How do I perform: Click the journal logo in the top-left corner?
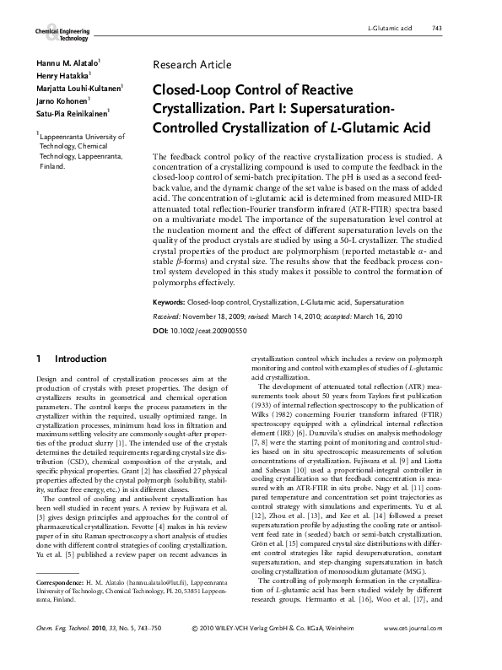pos(62,33)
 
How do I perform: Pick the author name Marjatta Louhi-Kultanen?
pos(78,88)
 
